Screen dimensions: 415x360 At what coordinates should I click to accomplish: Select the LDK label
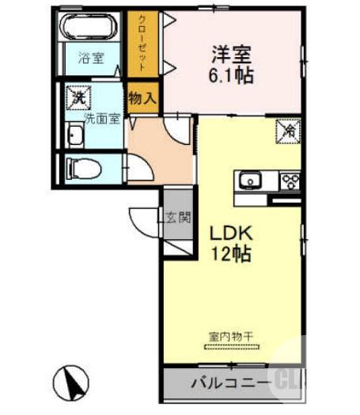(x=229, y=235)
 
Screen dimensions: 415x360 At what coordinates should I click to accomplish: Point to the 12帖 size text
(x=229, y=255)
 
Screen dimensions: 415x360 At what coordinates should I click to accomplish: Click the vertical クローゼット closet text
(x=143, y=43)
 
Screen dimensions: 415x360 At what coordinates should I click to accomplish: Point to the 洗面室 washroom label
(x=103, y=119)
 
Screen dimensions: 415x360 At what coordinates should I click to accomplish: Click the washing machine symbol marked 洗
(x=78, y=98)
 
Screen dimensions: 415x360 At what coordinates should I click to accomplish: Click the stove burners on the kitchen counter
(x=290, y=181)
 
